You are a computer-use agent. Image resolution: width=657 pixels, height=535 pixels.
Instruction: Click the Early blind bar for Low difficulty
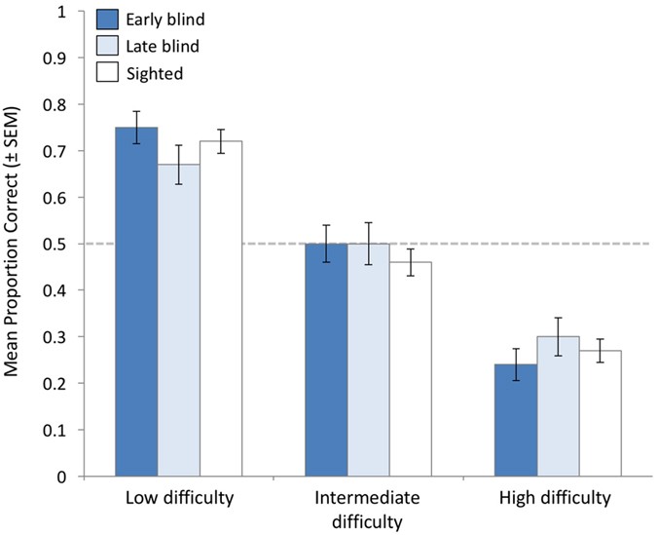[136, 302]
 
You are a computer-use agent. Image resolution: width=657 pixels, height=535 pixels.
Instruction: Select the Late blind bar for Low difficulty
[179, 321]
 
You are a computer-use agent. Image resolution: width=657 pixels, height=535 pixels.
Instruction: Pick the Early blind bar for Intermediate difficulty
[326, 361]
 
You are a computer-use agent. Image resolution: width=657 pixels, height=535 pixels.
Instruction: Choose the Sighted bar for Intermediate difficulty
[411, 369]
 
